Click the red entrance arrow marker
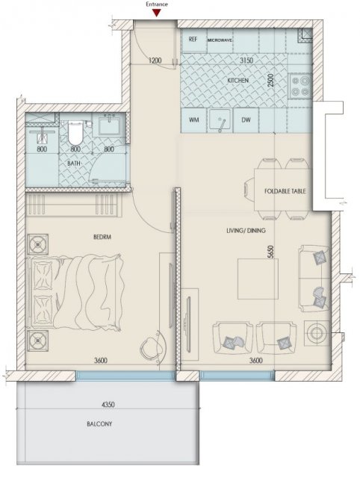click(157, 13)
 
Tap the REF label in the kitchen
click(193, 39)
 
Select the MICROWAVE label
click(220, 40)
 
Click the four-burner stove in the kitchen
click(300, 86)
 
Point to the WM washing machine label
click(194, 119)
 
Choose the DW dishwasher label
click(246, 119)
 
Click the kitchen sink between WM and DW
click(220, 120)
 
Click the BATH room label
click(74, 164)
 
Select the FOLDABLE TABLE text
click(285, 191)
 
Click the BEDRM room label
click(102, 237)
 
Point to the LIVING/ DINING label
click(246, 231)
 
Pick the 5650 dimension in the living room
click(271, 252)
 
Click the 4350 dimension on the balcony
click(108, 405)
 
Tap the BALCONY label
click(99, 423)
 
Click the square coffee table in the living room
click(258, 279)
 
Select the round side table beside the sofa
click(317, 333)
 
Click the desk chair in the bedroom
click(153, 347)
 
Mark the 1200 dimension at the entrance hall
click(155, 60)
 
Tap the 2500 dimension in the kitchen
click(271, 81)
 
